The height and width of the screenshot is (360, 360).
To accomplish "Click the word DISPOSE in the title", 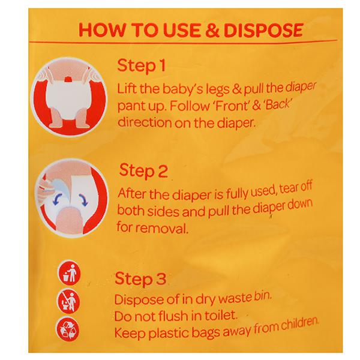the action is (263, 30).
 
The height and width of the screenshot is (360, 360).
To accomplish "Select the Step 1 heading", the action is (141, 66).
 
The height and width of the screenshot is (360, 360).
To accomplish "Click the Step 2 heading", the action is (143, 170).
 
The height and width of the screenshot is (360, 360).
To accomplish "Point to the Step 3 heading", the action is (140, 278).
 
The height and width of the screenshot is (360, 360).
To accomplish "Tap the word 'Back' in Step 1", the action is (278, 104).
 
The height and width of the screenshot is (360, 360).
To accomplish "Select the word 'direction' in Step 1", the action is (145, 122).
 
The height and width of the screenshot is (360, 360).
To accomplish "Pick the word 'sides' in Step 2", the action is (163, 211).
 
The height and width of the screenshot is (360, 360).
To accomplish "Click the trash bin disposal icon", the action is (69, 274).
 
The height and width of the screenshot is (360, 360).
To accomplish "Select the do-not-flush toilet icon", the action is (68, 302).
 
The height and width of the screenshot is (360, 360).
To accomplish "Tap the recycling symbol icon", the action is (68, 329).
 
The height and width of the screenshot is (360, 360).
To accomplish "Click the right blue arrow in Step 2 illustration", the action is (84, 200).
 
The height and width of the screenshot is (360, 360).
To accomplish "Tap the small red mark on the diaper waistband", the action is (68, 80).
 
